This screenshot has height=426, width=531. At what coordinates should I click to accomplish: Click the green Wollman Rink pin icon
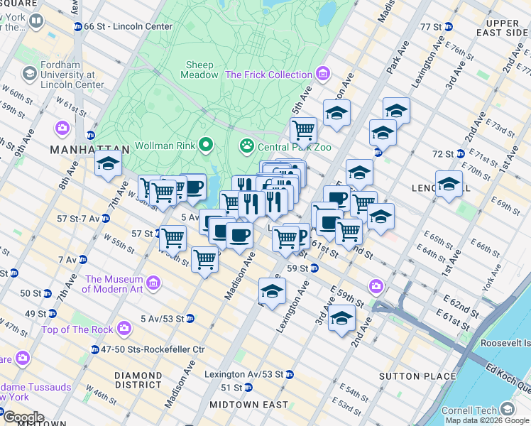pyautogui.click(x=207, y=146)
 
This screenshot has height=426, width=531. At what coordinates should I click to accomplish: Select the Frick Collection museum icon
pyautogui.click(x=323, y=74)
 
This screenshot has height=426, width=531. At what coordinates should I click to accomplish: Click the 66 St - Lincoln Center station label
pyautogui.click(x=128, y=26)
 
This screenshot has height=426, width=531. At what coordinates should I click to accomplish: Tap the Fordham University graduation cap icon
pyautogui.click(x=30, y=74)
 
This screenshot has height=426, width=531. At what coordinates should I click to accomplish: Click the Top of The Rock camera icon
pyautogui.click(x=125, y=329)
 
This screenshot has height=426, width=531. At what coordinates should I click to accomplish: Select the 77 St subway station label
pyautogui.click(x=430, y=27)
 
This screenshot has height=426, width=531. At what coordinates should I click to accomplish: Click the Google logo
pyautogui.click(x=23, y=417)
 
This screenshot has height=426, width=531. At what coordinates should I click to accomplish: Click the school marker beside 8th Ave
pyautogui.click(x=108, y=165)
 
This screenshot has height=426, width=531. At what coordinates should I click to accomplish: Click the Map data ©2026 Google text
pyautogui.click(x=487, y=420)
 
